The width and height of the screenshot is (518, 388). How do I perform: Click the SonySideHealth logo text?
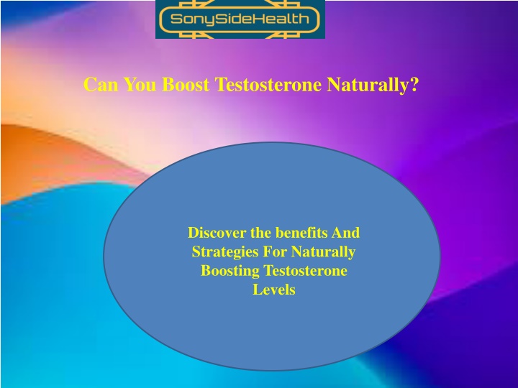(240, 19)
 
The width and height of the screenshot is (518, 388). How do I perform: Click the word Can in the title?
(101, 85)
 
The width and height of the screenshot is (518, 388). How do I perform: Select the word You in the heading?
(140, 85)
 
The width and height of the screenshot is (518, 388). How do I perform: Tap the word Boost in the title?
(186, 85)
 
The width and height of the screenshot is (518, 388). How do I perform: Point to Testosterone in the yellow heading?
(268, 85)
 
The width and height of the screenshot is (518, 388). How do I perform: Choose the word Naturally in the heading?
(368, 85)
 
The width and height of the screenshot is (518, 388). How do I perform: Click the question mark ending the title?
(414, 85)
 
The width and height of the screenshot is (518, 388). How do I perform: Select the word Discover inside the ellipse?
(217, 233)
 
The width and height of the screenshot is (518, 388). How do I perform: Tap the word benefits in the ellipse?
(301, 233)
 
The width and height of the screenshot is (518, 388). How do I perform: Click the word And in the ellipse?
(345, 233)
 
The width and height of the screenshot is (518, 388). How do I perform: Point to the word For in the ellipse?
(275, 251)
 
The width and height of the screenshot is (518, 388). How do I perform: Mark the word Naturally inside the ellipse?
(323, 252)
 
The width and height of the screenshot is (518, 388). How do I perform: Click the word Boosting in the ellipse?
(230, 271)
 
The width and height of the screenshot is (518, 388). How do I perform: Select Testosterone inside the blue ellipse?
(305, 271)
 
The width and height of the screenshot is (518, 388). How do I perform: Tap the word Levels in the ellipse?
(274, 290)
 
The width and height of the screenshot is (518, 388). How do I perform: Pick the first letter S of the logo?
(176, 19)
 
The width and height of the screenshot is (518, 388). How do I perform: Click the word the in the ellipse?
(260, 233)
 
